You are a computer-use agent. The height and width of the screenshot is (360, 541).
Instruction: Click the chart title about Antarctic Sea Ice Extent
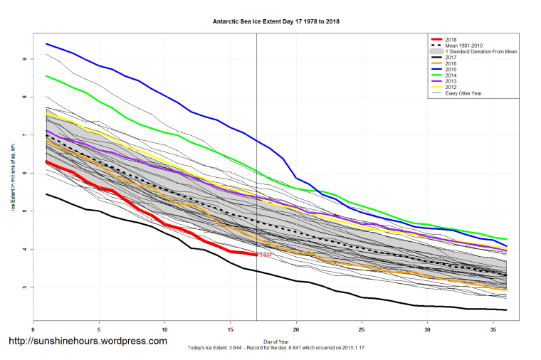[275, 21]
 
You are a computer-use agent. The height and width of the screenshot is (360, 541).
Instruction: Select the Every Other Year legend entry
[463, 94]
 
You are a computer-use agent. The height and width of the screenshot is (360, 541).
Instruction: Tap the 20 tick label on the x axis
[296, 330]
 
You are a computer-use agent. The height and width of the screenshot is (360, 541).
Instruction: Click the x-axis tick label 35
[493, 330]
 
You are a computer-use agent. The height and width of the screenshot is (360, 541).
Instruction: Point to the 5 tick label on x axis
[99, 330]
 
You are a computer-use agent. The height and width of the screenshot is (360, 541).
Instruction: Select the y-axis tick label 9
[25, 59]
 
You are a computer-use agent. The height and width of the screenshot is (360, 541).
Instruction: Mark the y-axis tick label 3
[25, 287]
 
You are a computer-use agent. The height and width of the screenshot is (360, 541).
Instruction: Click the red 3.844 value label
[266, 255]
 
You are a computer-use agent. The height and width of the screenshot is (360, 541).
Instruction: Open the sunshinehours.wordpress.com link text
[88, 341]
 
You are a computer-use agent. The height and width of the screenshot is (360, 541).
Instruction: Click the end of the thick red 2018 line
[256, 254]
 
